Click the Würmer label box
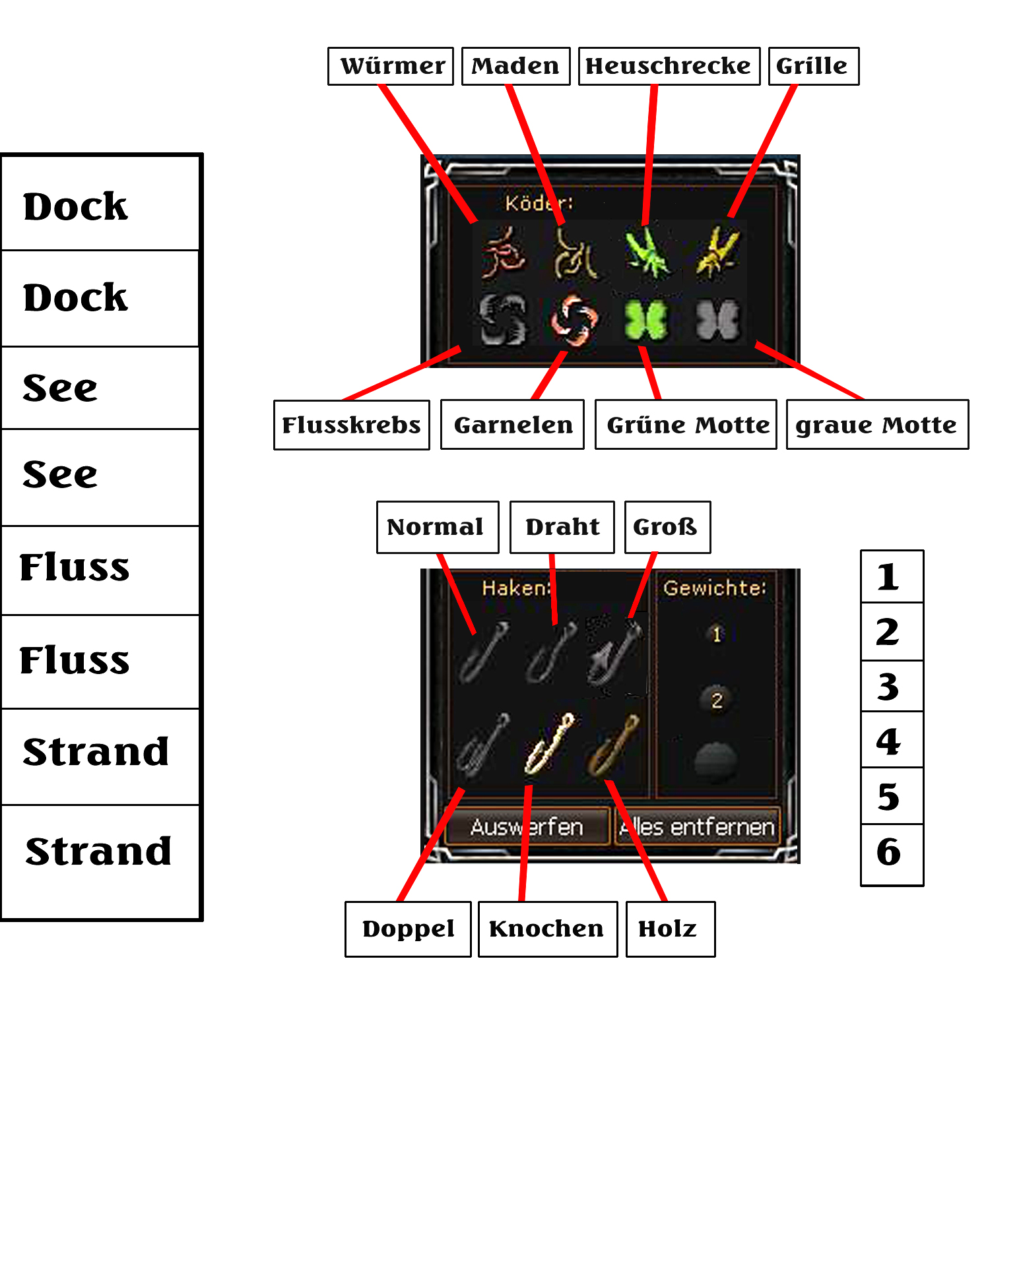tap(391, 66)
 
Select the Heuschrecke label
tap(669, 66)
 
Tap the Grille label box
tap(813, 66)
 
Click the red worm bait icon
tap(504, 253)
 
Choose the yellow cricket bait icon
tap(717, 252)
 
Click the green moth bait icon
tap(646, 321)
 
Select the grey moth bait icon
tap(718, 321)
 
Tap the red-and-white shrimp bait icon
tap(574, 321)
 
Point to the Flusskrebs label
tap(351, 425)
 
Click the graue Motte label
tap(877, 425)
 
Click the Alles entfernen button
tap(697, 826)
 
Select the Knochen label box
tap(547, 929)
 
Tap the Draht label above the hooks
tap(562, 527)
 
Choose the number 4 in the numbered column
tap(891, 741)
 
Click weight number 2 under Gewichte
tap(717, 700)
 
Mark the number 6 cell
tap(891, 852)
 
